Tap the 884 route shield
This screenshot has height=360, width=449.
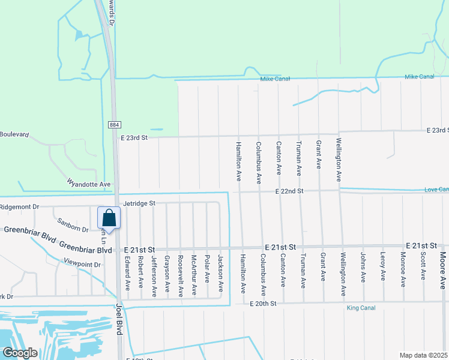(x=114, y=124)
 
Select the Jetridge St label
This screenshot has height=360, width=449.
(x=139, y=204)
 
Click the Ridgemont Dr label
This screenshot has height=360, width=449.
(x=19, y=206)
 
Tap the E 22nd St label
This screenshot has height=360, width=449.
(x=291, y=191)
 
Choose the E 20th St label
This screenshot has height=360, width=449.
(x=263, y=304)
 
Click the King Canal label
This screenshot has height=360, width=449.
(x=360, y=308)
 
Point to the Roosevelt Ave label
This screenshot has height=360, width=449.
(x=180, y=277)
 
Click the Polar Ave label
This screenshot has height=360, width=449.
(x=206, y=269)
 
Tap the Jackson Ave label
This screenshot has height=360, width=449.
(x=220, y=273)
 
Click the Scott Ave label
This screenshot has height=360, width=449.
(x=423, y=266)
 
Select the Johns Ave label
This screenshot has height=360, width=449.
(x=363, y=268)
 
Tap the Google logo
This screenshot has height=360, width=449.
(x=19, y=353)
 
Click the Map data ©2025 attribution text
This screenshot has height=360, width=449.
(x=423, y=355)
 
